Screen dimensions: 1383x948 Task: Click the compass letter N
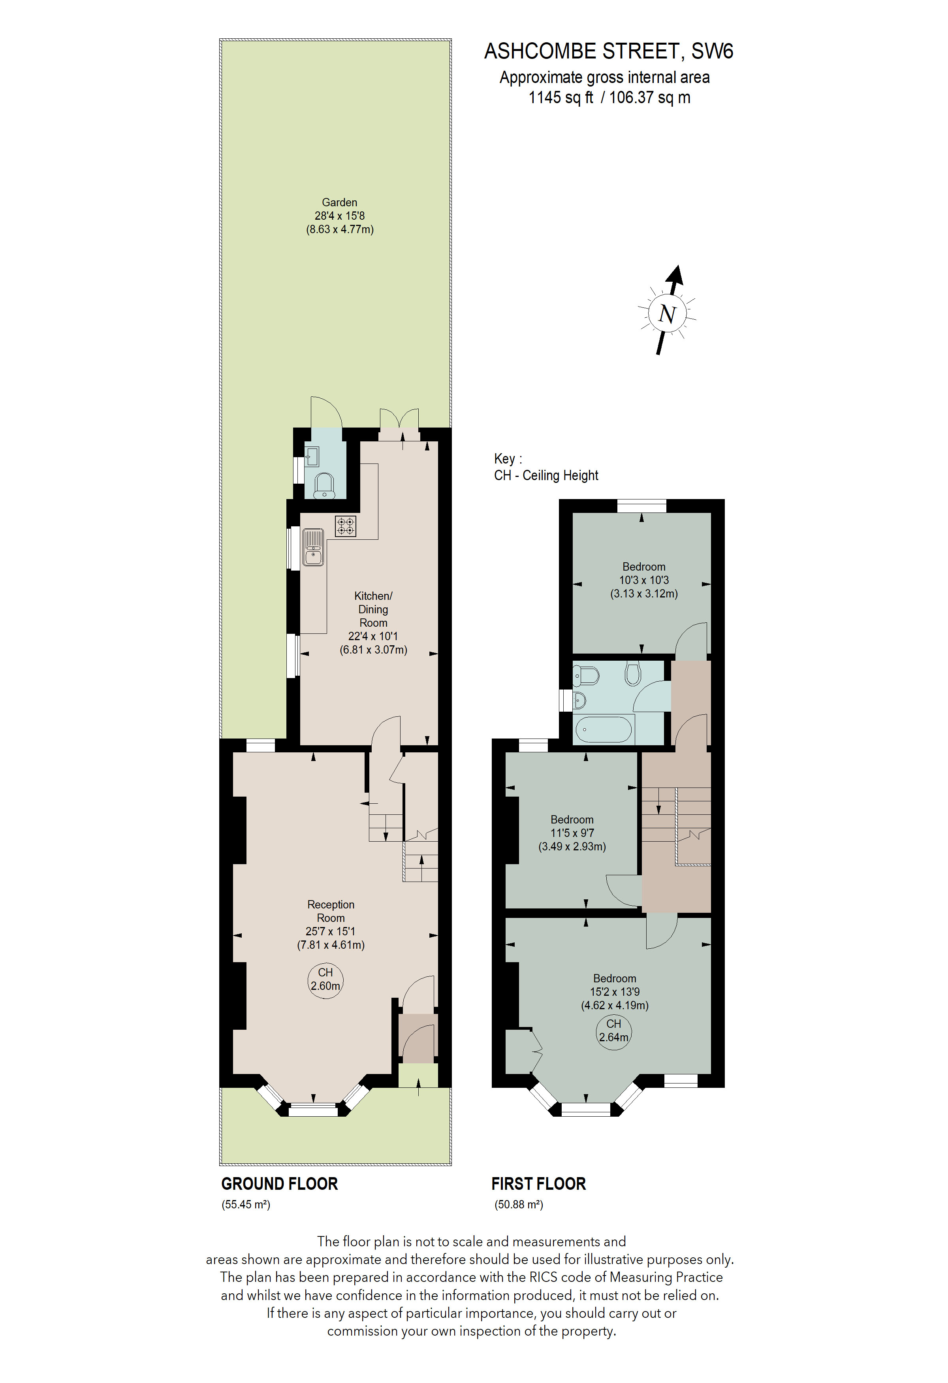(667, 314)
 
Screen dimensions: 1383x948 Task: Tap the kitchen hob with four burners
(346, 526)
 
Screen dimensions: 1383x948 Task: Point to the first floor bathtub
(603, 729)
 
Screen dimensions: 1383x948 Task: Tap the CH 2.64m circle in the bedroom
(614, 1031)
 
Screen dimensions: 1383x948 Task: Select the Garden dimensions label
(340, 216)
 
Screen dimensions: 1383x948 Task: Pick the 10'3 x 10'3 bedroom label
(644, 580)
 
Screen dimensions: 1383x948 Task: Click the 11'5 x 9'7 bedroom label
(572, 833)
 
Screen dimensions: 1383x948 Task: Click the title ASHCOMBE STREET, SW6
(608, 51)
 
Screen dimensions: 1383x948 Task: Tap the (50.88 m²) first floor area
(519, 1204)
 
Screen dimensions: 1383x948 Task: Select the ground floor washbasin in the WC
(312, 456)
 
